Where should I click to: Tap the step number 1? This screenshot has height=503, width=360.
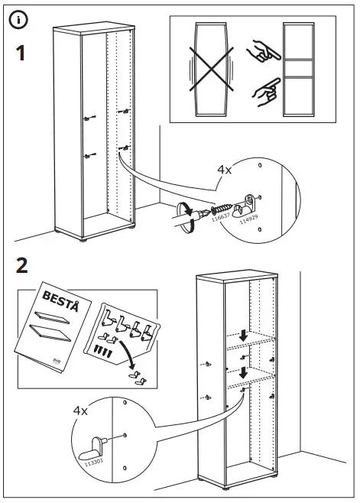(22, 55)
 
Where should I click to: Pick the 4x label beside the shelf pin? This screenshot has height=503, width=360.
(81, 411)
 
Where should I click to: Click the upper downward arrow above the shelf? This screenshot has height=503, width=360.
(242, 336)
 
